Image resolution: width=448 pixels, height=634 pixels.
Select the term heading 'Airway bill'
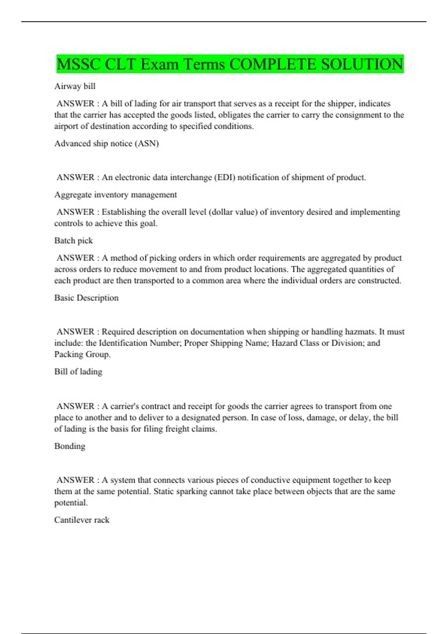pyautogui.click(x=75, y=86)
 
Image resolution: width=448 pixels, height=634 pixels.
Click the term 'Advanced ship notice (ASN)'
pyautogui.click(x=106, y=144)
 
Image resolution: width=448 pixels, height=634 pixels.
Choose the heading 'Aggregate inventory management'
pyautogui.click(x=115, y=195)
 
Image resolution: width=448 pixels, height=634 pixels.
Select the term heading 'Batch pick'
pyautogui.click(x=74, y=241)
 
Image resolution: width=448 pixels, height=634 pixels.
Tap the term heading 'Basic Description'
pyautogui.click(x=86, y=298)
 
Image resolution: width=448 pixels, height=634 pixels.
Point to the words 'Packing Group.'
pyautogui.click(x=82, y=354)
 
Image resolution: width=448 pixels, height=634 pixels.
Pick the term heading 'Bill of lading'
pyautogui.click(x=78, y=372)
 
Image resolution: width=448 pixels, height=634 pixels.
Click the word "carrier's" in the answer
pyautogui.click(x=125, y=406)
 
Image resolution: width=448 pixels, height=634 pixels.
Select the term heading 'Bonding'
pyautogui.click(x=69, y=446)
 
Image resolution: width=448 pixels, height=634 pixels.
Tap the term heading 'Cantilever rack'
pyautogui.click(x=82, y=520)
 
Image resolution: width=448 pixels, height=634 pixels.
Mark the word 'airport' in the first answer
pyautogui.click(x=66, y=126)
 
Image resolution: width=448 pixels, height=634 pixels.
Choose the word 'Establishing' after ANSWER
pyautogui.click(x=124, y=212)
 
